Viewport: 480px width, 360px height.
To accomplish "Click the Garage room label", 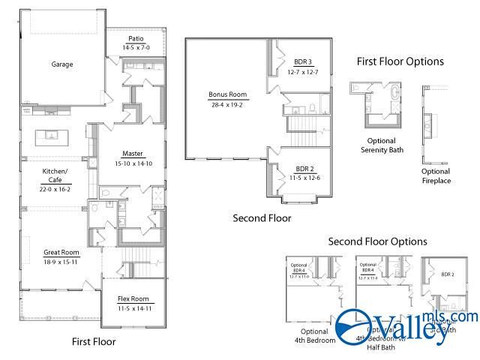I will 62,64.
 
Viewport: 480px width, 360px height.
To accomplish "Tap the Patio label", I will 136,39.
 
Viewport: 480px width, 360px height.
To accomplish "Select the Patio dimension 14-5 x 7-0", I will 136,47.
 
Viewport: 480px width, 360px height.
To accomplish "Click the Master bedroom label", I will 133,154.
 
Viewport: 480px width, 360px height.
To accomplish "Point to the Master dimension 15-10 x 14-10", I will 133,163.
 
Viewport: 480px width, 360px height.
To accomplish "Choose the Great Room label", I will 61,252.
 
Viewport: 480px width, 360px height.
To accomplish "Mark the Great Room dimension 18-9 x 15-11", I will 61,262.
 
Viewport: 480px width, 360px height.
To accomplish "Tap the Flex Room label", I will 134,298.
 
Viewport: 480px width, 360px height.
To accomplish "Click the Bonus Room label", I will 228,95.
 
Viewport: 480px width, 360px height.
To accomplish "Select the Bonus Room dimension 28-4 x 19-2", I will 228,105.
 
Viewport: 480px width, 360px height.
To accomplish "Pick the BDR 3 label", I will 302,61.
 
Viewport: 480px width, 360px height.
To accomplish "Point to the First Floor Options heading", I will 400,61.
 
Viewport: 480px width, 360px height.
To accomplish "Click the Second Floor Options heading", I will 377,241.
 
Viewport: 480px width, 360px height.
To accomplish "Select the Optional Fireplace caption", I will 436,175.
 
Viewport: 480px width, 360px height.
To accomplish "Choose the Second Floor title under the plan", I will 262,218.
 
